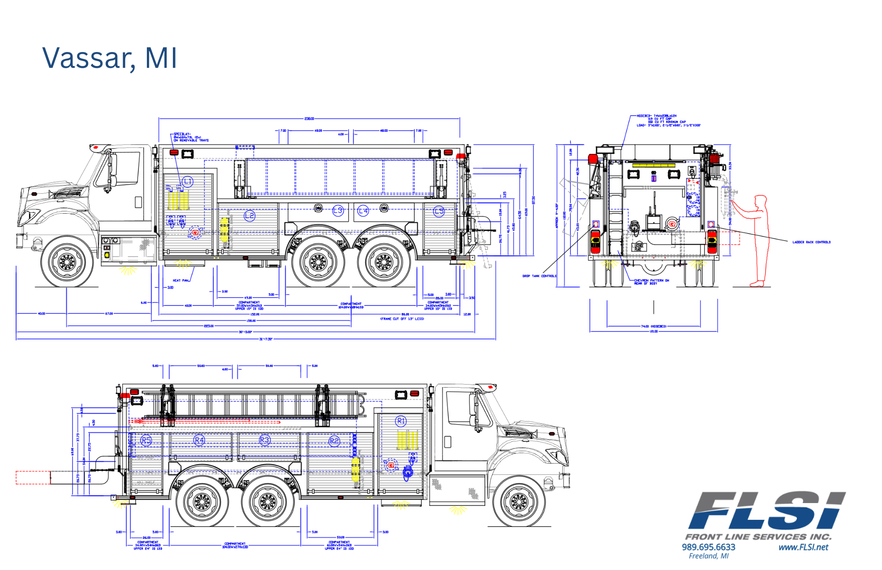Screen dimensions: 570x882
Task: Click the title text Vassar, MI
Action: [x=109, y=58]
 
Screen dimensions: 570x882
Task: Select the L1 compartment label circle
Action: [x=188, y=181]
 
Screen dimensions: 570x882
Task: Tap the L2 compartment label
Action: [x=250, y=216]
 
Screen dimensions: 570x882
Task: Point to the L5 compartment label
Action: [x=439, y=211]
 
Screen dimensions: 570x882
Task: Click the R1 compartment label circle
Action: [x=401, y=421]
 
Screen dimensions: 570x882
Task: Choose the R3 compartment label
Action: [x=265, y=440]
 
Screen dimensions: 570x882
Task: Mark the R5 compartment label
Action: [x=146, y=440]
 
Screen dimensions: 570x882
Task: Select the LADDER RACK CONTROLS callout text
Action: [x=811, y=242]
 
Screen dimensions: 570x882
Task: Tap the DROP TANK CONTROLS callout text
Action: [x=539, y=276]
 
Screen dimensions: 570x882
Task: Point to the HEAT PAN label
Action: [x=181, y=280]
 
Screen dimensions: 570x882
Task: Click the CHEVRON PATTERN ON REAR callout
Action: [x=651, y=281]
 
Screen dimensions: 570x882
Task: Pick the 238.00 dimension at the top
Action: [x=309, y=118]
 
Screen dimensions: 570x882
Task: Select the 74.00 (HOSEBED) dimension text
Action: [x=654, y=326]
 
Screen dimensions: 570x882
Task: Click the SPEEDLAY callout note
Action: [x=191, y=137]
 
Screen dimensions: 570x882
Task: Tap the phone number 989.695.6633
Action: [x=708, y=547]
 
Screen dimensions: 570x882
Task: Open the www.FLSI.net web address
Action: [x=803, y=547]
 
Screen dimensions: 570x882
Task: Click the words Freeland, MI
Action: [x=708, y=556]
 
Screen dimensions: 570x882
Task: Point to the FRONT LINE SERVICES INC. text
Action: [x=758, y=537]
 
